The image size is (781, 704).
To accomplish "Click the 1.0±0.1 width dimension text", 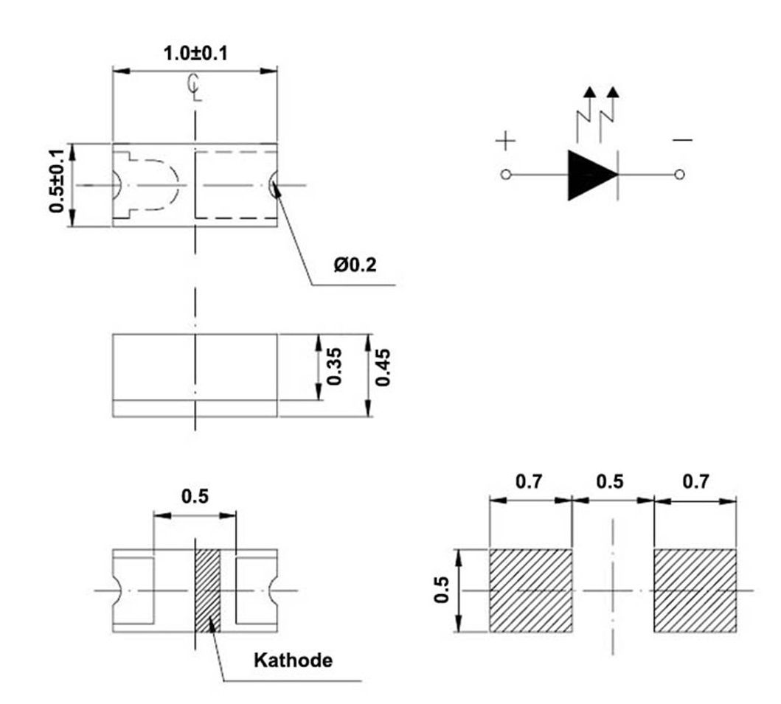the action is click(x=195, y=53).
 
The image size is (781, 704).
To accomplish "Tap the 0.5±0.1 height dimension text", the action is click(x=57, y=181).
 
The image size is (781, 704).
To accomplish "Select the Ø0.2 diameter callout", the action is click(x=355, y=265).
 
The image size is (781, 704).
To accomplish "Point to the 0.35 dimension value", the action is click(x=334, y=366).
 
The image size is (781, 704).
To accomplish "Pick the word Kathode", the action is click(x=293, y=661).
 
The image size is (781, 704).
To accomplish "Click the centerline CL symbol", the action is click(x=195, y=87).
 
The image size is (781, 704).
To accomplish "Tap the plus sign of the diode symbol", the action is click(x=506, y=140).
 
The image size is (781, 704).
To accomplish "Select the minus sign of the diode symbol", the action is click(x=682, y=140).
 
